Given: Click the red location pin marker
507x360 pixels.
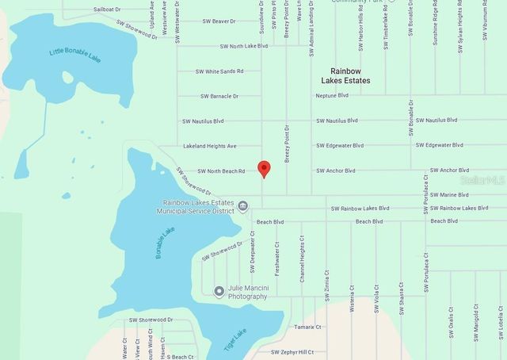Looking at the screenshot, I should tap(265, 168).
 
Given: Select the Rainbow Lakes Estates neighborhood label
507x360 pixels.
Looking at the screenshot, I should tap(345, 75).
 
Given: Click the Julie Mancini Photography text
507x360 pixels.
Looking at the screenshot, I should tap(247, 292).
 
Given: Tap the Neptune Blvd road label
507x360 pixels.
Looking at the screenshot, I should tap(332, 95).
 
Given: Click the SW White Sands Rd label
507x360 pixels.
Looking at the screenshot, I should tap(219, 71).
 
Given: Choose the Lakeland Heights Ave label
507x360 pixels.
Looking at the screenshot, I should tap(210, 146).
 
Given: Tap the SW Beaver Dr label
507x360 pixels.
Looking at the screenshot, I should tap(219, 21).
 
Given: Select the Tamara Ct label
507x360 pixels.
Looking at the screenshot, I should tap(307, 327).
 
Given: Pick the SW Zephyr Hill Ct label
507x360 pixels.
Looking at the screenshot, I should tap(292, 351).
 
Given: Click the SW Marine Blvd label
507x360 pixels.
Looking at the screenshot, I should tap(448, 194).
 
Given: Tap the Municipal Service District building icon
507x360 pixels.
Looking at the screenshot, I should tap(243, 206).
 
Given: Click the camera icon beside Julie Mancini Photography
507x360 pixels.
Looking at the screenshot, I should tap(219, 291).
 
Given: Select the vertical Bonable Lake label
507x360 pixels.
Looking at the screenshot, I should tap(164, 243).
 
